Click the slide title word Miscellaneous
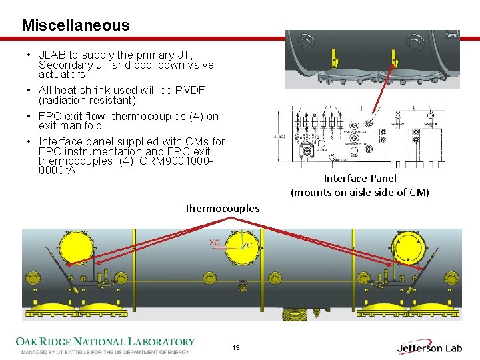coord(75,25)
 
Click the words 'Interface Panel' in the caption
coord(360,178)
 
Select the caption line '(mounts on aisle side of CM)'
coord(360,193)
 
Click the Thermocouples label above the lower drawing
coord(222,208)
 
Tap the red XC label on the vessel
coord(215,242)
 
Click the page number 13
coord(236,348)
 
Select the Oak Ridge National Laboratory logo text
coord(105,342)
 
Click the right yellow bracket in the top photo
coord(395,62)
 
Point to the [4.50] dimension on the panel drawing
coord(279,135)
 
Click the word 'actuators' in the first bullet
coord(62,74)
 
